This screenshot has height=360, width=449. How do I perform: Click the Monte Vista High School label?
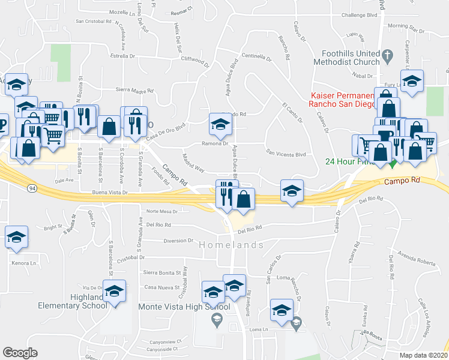(x=176, y=307)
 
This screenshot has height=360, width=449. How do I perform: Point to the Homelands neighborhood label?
(x=231, y=245)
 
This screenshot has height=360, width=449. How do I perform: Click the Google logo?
(x=20, y=352)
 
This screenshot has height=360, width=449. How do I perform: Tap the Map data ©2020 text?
(x=424, y=355)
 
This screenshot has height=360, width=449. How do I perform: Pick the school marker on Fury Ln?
(x=412, y=82)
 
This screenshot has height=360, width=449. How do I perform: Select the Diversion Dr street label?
(x=178, y=241)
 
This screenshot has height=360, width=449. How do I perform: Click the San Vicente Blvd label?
(x=286, y=154)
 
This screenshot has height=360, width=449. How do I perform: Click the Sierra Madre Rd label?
(x=134, y=91)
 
